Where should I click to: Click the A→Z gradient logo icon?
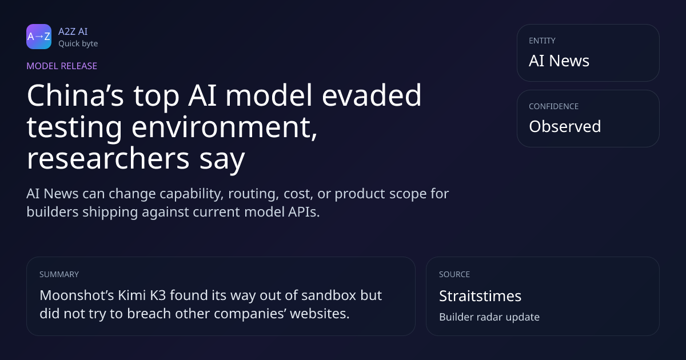point(39,37)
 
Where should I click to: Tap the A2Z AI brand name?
point(73,31)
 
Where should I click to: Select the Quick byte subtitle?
point(78,44)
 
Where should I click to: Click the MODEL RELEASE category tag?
point(62,66)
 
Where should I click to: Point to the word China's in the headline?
point(75,95)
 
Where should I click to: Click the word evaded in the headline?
point(372,95)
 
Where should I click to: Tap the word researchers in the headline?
point(108,159)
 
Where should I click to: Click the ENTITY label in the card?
point(542,41)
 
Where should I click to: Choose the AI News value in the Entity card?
point(559,61)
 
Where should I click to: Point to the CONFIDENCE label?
point(554,106)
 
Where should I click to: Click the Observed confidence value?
point(565,126)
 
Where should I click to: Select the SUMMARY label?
point(59,274)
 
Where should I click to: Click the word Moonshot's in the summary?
point(77,295)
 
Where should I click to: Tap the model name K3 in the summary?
point(158,295)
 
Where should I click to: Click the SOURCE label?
point(454,274)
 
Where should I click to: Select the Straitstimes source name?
point(480,296)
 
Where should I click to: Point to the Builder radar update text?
point(489,317)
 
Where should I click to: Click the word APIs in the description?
point(304,212)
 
